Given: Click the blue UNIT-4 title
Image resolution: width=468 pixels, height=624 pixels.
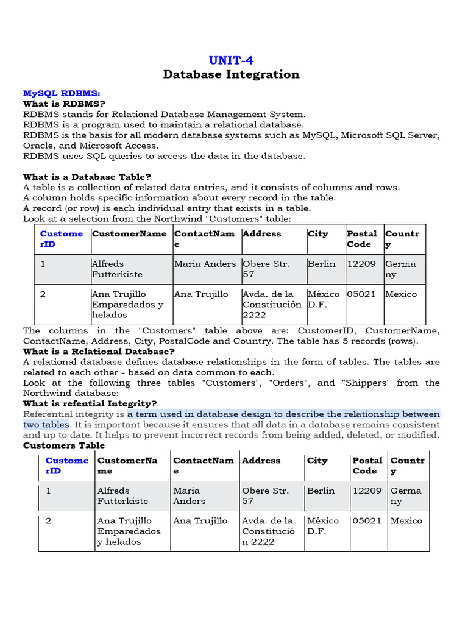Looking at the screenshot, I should (x=231, y=60).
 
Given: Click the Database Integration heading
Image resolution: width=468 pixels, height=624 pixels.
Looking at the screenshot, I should (x=231, y=74).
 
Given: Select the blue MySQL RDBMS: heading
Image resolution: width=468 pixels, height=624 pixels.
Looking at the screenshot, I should (x=62, y=93).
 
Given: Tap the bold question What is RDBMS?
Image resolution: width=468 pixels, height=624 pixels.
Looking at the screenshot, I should (x=58, y=104).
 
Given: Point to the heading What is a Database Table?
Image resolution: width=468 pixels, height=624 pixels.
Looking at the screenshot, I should (x=87, y=177).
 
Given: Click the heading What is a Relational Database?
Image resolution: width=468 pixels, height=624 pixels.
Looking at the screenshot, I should (x=99, y=352).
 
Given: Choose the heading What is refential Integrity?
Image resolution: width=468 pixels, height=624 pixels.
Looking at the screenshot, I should (x=90, y=403).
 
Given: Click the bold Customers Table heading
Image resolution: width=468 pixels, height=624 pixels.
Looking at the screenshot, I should (x=64, y=445).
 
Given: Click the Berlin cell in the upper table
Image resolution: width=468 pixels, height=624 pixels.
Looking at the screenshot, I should (x=322, y=264).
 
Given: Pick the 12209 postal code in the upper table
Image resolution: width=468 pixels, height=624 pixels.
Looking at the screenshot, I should (x=361, y=264).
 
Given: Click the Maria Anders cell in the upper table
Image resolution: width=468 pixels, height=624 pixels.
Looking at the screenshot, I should (x=205, y=264).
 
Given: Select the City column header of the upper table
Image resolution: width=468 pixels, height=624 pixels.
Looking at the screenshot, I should (x=317, y=233).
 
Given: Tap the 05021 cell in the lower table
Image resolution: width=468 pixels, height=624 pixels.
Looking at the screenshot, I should (x=367, y=521).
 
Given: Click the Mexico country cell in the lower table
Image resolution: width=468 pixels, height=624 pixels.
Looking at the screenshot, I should (x=406, y=521).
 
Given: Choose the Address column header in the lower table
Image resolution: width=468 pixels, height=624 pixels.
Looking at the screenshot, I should (x=261, y=461).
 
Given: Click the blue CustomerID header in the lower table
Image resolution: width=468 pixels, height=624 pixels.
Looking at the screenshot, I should (x=67, y=466).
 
